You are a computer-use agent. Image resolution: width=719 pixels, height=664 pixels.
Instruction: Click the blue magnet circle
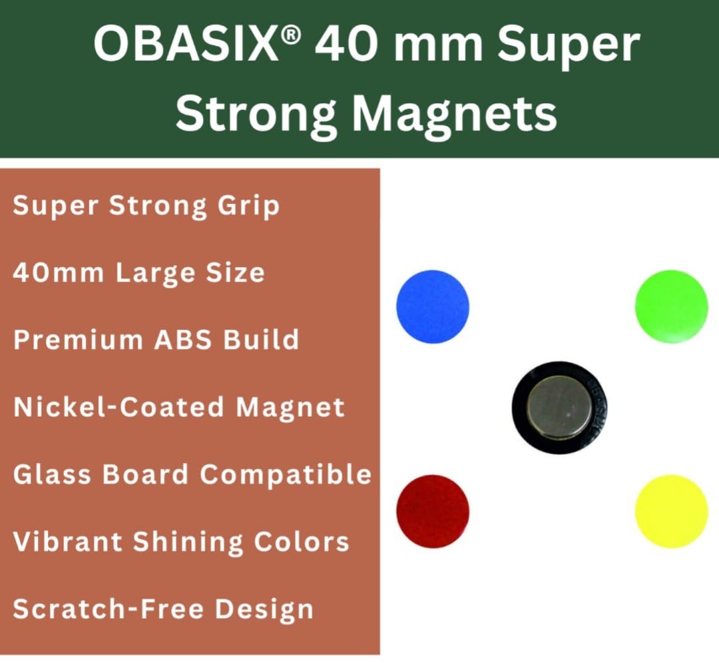coord(433,306)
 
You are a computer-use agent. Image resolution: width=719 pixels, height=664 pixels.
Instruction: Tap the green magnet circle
coord(671,306)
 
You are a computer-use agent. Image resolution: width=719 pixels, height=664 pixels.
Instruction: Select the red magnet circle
coord(433,511)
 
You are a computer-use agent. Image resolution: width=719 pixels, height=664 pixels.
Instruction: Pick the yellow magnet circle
coord(671,511)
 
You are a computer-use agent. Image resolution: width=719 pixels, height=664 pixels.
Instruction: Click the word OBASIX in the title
coord(186,45)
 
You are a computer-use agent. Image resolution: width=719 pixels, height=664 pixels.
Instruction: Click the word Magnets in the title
coord(455,114)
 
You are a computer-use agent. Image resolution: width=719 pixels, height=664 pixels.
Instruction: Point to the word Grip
coord(248,206)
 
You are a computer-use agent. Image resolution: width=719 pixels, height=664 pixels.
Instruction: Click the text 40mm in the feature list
coord(58,272)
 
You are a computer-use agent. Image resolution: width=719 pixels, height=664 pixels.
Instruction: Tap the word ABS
coord(183,340)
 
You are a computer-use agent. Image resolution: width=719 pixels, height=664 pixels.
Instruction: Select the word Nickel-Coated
coord(119,407)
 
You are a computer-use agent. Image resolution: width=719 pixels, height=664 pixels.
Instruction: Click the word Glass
coord(53,474)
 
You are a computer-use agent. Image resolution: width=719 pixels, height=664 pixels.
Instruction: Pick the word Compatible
coord(286,474)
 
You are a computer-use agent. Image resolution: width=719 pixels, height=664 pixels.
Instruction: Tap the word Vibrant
coord(67,541)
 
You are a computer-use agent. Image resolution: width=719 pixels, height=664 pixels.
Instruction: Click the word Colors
coord(302,541)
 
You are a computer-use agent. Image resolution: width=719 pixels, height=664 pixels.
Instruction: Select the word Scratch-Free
coord(109,609)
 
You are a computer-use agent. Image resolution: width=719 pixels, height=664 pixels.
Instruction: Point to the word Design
coord(264,610)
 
